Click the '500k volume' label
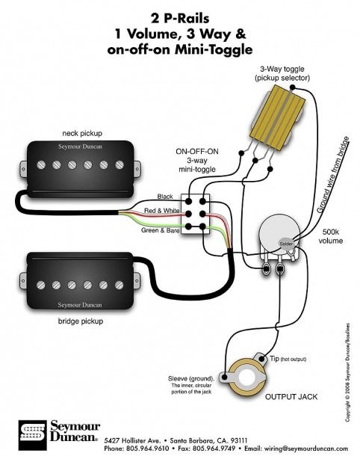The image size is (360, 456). pos(333,237)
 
